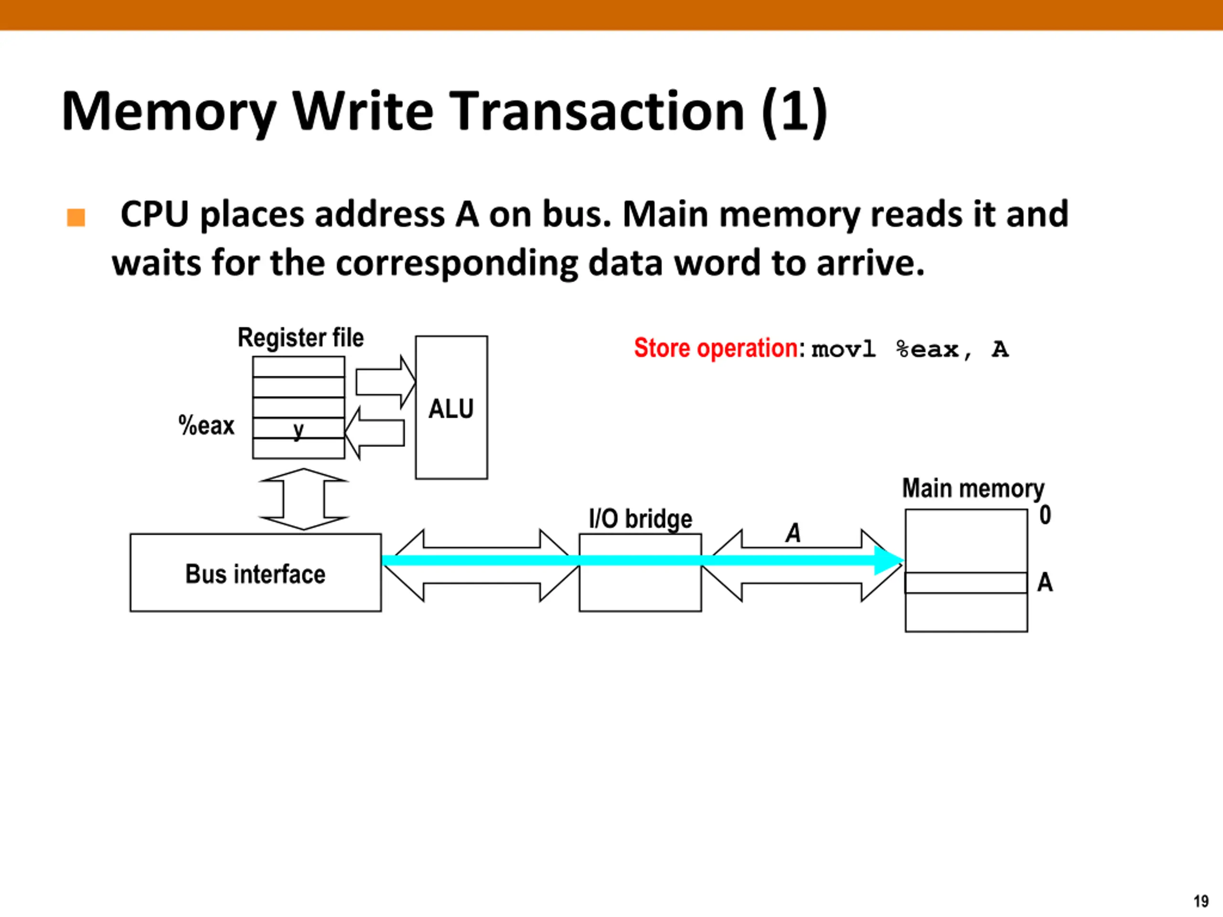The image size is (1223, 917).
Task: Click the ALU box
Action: (x=451, y=407)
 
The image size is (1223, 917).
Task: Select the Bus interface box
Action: (x=256, y=573)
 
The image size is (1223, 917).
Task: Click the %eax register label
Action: (x=206, y=426)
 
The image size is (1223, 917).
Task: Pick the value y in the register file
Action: (x=299, y=429)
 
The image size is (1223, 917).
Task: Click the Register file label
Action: (x=301, y=338)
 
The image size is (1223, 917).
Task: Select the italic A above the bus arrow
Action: (x=794, y=533)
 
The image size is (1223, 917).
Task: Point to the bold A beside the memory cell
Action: (x=1045, y=582)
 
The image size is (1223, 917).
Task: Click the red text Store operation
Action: (x=716, y=348)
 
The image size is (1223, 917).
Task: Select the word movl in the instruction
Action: (x=844, y=349)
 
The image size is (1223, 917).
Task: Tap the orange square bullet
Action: (x=76, y=217)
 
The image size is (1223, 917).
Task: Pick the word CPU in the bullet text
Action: (x=155, y=214)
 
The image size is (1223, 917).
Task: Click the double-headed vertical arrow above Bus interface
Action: (x=303, y=499)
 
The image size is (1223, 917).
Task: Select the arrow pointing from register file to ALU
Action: (x=386, y=382)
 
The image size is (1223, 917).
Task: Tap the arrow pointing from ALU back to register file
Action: (x=375, y=433)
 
